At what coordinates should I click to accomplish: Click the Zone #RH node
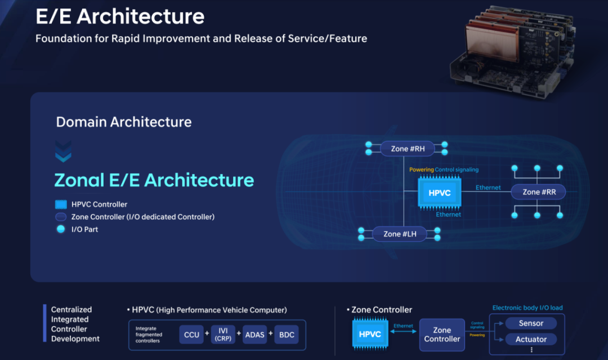point(408,149)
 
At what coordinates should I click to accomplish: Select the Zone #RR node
point(539,192)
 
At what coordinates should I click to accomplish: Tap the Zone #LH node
point(400,234)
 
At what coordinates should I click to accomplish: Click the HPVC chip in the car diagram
point(440,193)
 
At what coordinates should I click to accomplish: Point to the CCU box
point(191,335)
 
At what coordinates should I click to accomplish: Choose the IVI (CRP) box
point(223,335)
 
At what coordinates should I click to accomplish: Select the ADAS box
point(254,335)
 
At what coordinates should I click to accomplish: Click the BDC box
point(287,335)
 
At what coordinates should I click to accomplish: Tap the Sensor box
point(530,323)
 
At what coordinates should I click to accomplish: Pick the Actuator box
point(530,339)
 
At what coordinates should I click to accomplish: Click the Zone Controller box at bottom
point(442,335)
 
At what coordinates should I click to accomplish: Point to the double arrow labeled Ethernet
point(403,332)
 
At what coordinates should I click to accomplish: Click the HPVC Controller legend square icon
point(61,205)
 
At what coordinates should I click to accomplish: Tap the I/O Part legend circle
point(61,229)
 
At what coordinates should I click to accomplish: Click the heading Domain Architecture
point(124,122)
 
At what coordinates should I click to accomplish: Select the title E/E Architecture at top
point(120,16)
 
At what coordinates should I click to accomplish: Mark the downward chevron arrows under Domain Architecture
point(64,151)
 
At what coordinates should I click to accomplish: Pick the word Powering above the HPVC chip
point(421,170)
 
